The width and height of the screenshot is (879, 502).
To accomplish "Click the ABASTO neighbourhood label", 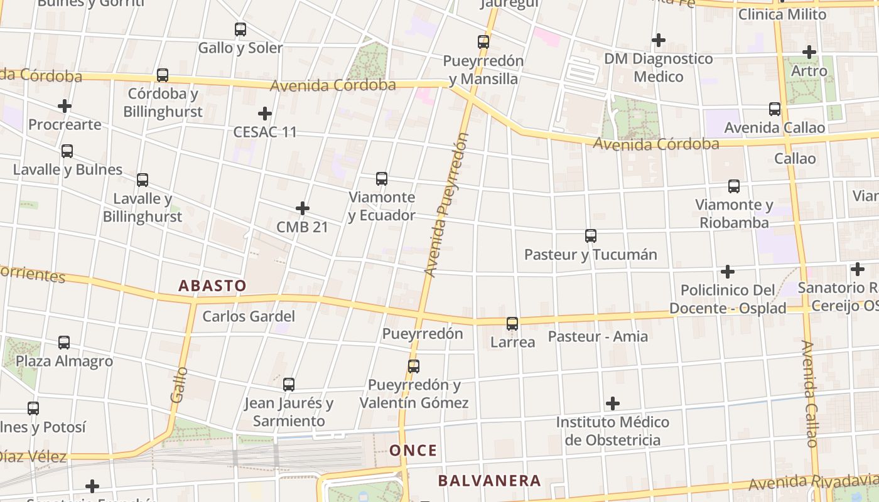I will tap(212, 286).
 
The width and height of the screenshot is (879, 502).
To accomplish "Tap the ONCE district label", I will tap(413, 451).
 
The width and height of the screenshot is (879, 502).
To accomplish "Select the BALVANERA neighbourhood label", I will tap(489, 481).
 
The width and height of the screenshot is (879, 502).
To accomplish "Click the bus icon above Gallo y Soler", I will tap(240, 29).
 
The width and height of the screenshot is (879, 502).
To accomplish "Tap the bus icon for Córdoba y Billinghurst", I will tap(163, 75).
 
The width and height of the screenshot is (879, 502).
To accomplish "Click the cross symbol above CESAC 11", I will tap(265, 114).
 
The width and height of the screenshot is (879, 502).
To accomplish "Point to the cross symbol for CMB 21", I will tap(303, 208).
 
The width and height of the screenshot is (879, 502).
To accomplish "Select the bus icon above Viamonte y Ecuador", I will tap(382, 178).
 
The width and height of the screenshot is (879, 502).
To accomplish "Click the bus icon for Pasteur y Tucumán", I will tap(591, 236).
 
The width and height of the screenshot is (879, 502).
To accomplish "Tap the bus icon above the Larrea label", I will tap(512, 324).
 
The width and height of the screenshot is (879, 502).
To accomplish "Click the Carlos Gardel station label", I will tap(249, 316).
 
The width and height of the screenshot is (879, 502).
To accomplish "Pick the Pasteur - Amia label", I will tap(598, 336).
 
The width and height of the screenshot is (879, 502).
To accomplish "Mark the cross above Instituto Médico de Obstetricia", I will tap(613, 403).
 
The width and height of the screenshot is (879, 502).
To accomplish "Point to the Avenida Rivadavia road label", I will tap(812, 482).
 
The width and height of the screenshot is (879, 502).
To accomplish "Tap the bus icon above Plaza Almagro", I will tap(64, 343).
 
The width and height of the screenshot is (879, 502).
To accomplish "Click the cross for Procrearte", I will tap(65, 106).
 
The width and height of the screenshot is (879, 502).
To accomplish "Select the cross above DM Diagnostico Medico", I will tap(658, 40).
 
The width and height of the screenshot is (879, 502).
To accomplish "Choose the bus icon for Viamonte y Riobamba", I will tap(734, 186).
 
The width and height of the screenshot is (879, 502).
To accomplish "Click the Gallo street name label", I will tap(179, 385).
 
